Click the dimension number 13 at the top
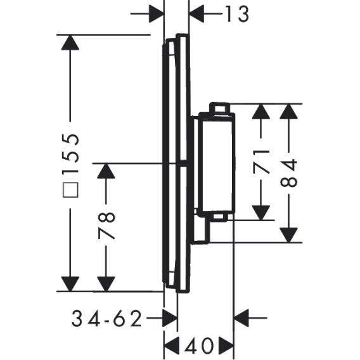point(237,14)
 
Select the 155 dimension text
point(71,153)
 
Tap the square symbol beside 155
point(71,190)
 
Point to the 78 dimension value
point(106,226)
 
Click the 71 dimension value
point(261,161)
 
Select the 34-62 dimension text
point(106,318)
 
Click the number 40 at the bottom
point(199,346)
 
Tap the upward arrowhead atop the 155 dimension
point(70,42)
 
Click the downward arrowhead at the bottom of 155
point(70,284)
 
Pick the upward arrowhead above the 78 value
point(106,170)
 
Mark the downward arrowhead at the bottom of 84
point(289,235)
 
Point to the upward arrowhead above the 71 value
point(261,112)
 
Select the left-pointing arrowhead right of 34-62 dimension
point(241,318)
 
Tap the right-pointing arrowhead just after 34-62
point(170,318)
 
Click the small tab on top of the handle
point(219,108)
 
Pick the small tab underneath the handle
point(219,217)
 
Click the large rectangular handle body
point(217,163)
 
